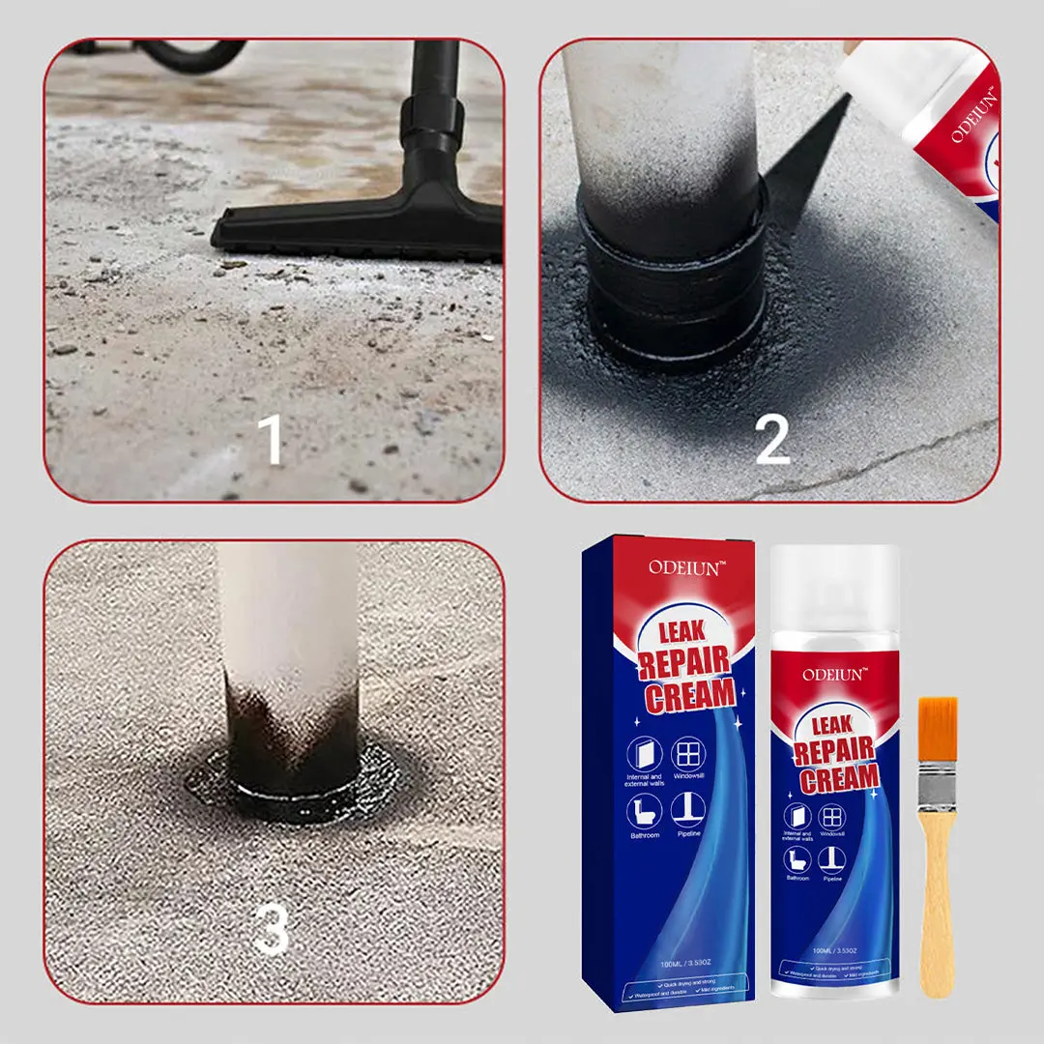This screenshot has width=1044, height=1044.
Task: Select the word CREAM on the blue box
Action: (691, 694)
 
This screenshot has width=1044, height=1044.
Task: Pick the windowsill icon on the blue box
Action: (688, 753)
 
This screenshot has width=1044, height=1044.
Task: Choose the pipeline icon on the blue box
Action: (688, 810)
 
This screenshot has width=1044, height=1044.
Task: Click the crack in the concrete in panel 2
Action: (870, 459)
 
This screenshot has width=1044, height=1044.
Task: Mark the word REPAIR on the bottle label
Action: (835, 751)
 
